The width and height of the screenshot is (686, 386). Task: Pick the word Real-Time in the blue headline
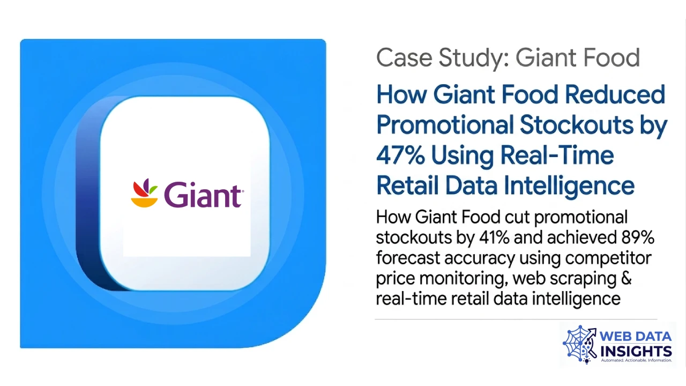(557, 155)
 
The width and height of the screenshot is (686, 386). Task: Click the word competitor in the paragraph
(609, 258)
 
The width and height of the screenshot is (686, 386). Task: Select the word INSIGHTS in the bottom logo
(636, 351)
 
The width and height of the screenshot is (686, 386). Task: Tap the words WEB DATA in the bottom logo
(636, 337)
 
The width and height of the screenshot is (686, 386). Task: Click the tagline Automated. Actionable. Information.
(636, 360)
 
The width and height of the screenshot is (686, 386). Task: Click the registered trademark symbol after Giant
(243, 191)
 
